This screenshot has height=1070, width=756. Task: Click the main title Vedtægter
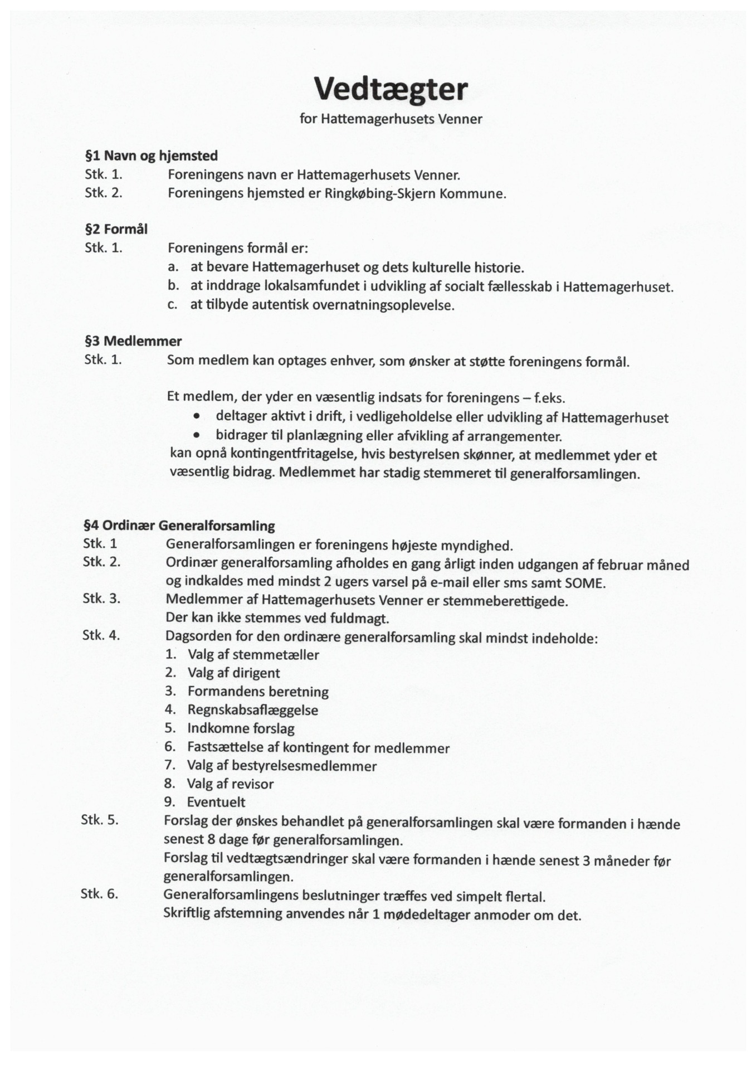(x=391, y=89)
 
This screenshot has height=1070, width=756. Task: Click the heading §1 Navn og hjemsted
(x=151, y=155)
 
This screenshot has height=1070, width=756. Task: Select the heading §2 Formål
(x=116, y=229)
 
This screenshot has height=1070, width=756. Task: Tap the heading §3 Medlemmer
(x=133, y=341)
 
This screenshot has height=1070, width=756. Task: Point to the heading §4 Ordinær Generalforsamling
(x=179, y=526)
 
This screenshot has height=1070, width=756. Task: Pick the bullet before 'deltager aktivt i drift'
(x=196, y=417)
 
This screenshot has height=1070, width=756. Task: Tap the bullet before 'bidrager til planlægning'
(x=196, y=435)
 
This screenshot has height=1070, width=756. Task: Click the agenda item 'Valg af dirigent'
(x=233, y=673)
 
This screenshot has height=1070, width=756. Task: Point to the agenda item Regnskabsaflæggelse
(x=252, y=710)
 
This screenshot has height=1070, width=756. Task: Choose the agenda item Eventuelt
(x=216, y=802)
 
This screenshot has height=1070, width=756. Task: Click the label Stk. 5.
(x=100, y=820)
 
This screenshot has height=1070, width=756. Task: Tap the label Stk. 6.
(x=99, y=893)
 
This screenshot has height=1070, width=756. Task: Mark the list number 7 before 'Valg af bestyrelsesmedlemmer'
(x=170, y=765)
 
